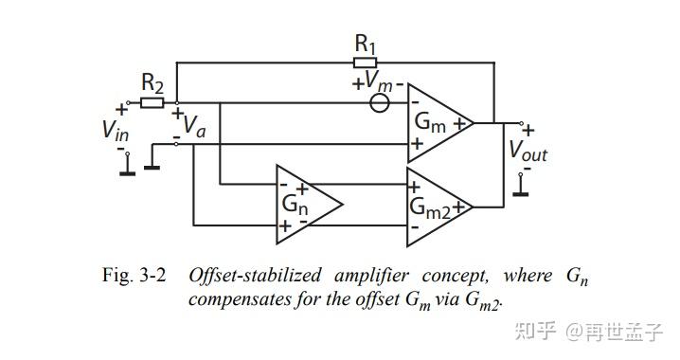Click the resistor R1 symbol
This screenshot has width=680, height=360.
click(365, 63)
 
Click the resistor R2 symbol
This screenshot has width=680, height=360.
click(153, 102)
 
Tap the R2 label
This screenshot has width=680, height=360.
click(152, 82)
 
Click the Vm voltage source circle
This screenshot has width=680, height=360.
click(380, 102)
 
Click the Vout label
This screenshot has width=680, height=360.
click(528, 150)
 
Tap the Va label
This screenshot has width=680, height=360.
click(194, 125)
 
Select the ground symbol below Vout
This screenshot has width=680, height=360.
click(519, 189)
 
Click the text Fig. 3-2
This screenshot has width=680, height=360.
click(134, 276)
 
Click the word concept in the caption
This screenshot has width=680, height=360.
click(452, 276)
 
